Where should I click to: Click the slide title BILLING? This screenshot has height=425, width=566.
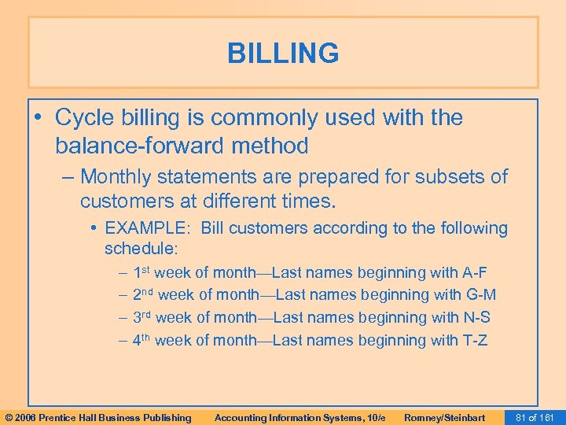tap(283, 54)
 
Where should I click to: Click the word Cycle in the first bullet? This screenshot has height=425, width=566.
tap(86, 118)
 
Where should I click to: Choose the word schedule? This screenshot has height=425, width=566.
tap(141, 249)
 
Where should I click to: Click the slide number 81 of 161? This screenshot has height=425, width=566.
tap(536, 417)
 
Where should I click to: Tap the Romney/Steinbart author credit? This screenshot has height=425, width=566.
tap(444, 417)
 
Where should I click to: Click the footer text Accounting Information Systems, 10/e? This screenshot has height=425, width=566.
tap(300, 417)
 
